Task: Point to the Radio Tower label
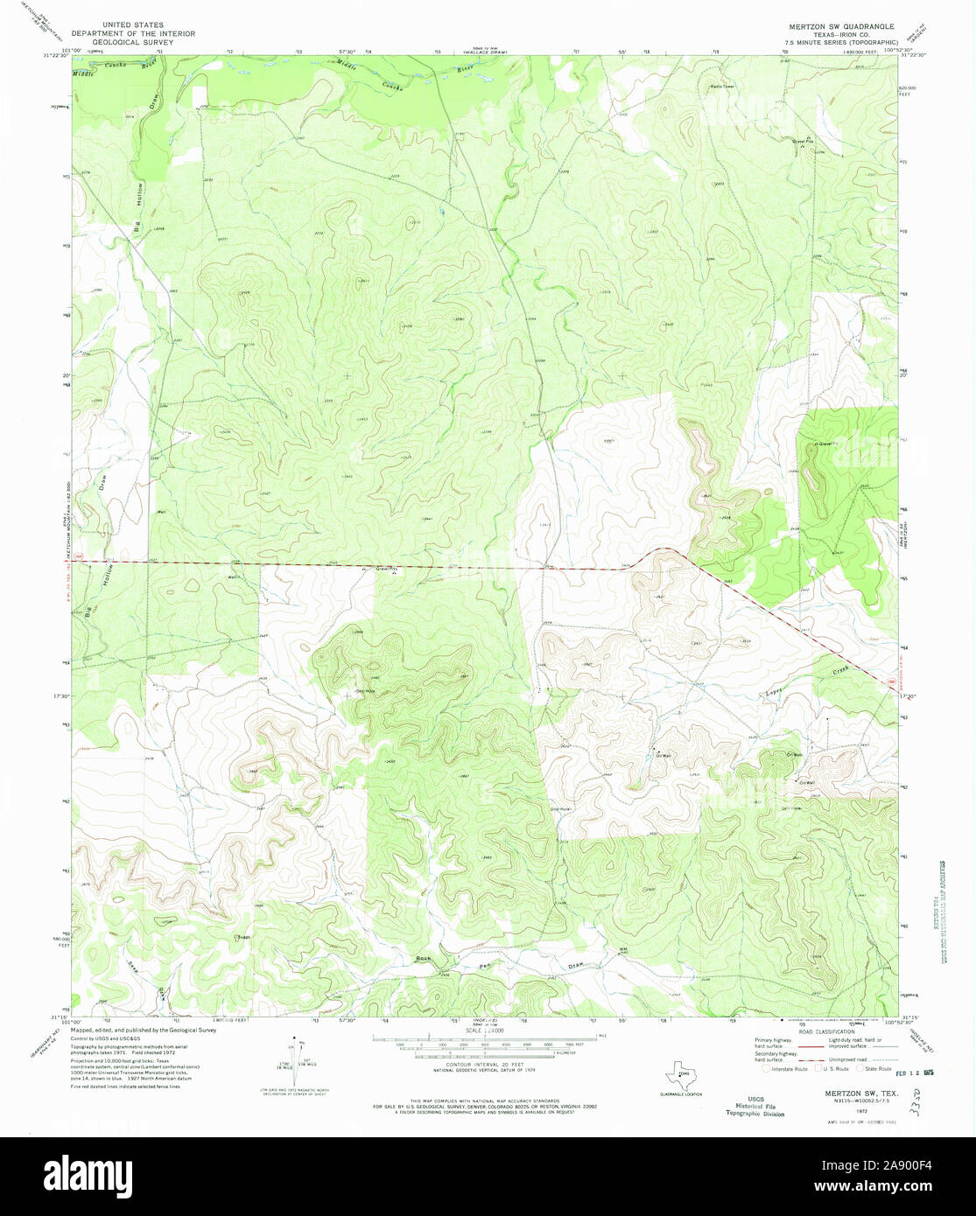722,87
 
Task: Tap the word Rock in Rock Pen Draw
424,960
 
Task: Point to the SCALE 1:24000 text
484,1031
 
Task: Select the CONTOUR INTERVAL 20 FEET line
484,1065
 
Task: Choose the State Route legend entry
874,1069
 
